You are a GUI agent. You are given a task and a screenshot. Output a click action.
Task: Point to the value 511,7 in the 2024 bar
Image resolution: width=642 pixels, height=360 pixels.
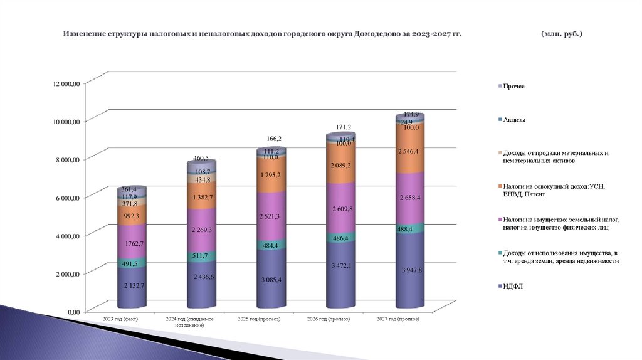coord(202,256)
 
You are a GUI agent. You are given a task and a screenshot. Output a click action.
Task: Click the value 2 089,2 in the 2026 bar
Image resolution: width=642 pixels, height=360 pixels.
coord(340,165)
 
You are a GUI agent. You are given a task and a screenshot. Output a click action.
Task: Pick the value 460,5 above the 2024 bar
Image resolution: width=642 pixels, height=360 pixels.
coord(200,158)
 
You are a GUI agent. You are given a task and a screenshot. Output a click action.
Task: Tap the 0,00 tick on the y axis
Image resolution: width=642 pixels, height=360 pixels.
coord(73,312)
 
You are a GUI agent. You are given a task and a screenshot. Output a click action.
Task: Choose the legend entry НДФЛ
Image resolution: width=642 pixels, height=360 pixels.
coord(513,287)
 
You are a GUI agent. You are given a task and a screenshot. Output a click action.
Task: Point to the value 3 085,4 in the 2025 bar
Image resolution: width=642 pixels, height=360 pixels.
coord(271,278)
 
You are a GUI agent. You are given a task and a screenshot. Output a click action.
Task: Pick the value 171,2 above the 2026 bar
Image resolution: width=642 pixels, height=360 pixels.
coord(342,127)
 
